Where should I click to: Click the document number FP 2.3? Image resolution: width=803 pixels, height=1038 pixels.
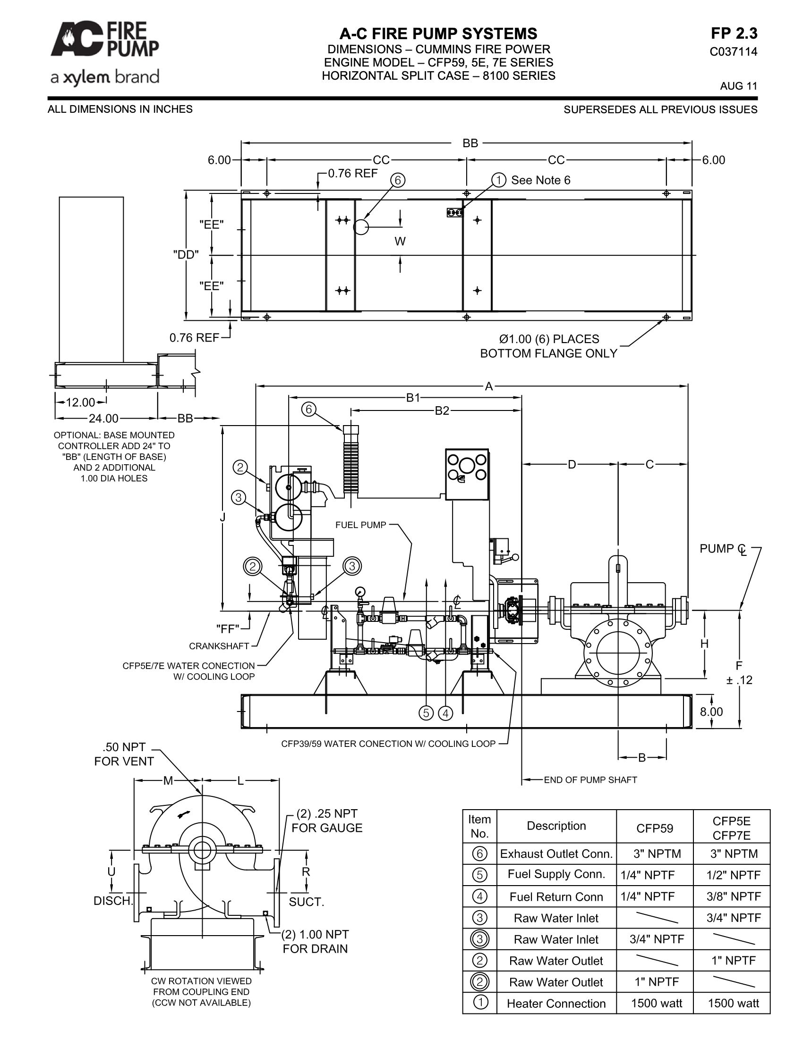pyautogui.click(x=734, y=33)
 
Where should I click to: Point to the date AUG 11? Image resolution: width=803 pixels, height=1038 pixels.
pyautogui.click(x=738, y=86)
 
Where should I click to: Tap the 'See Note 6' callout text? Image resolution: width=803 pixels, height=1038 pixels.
pyautogui.click(x=540, y=180)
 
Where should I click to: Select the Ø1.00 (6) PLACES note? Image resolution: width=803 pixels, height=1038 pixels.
pyautogui.click(x=549, y=339)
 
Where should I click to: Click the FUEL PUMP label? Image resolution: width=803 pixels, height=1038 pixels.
pyautogui.click(x=360, y=525)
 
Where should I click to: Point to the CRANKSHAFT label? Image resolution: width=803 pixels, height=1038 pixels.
pyautogui.click(x=219, y=646)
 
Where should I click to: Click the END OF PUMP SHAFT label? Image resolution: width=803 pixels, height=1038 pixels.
pyautogui.click(x=590, y=780)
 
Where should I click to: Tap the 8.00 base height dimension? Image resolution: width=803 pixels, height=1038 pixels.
pyautogui.click(x=711, y=712)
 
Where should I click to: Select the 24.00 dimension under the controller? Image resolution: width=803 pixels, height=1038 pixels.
pyautogui.click(x=104, y=418)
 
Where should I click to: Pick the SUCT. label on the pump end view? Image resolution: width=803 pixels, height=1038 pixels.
pyautogui.click(x=307, y=902)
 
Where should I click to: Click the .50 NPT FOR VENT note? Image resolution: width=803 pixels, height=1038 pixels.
pyautogui.click(x=124, y=754)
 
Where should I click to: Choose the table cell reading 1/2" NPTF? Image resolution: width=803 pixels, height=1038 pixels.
pyautogui.click(x=734, y=875)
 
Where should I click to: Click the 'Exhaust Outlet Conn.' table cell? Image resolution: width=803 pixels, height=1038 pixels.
pyautogui.click(x=556, y=854)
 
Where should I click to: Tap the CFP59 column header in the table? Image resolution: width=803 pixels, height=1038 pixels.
pyautogui.click(x=655, y=828)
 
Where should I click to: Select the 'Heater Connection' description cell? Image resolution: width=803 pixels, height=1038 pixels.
pyautogui.click(x=556, y=1003)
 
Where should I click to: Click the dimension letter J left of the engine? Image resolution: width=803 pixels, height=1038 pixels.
pyautogui.click(x=222, y=517)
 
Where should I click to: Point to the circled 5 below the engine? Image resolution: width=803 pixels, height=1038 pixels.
pyautogui.click(x=426, y=713)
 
